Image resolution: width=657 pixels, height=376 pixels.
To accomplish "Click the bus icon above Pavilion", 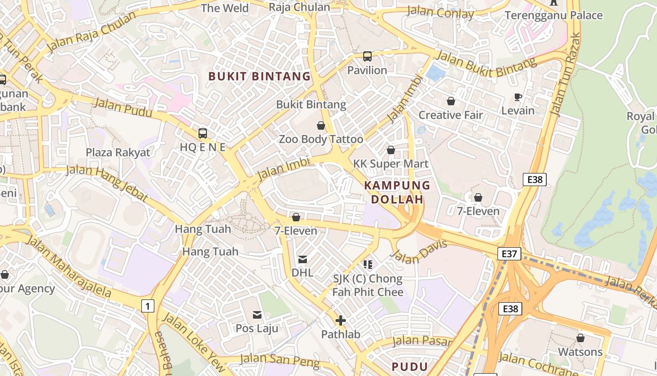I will click(367, 56).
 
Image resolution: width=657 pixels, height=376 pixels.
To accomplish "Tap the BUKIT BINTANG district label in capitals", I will click(260, 76).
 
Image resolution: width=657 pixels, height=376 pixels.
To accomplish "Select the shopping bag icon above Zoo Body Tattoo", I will click(321, 125).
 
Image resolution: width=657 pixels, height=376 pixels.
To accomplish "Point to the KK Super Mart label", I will click(391, 164).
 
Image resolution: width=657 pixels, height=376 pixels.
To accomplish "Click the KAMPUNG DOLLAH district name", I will click(397, 192).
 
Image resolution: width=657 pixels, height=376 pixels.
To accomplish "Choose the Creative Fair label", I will click(451, 115).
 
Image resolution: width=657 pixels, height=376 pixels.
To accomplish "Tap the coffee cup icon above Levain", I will click(518, 97).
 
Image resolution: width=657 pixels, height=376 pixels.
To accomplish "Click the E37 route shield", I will click(509, 254).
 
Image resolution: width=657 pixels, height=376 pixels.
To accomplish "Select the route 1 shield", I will click(148, 306).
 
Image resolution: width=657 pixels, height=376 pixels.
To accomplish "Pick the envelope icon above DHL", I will click(303, 259).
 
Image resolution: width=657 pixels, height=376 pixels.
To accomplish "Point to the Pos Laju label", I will click(257, 328).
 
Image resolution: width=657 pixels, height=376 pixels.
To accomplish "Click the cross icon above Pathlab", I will click(341, 321).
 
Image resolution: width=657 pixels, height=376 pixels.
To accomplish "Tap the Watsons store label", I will click(580, 352).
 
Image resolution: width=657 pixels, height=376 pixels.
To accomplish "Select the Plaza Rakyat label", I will click(118, 152).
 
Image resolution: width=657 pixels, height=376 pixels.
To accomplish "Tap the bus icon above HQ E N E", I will click(203, 133).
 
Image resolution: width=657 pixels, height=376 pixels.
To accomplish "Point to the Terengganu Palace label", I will click(554, 16).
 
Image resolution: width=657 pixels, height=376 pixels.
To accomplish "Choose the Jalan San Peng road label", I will click(280, 361).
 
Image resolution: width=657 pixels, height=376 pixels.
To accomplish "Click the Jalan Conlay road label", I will click(440, 13).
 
